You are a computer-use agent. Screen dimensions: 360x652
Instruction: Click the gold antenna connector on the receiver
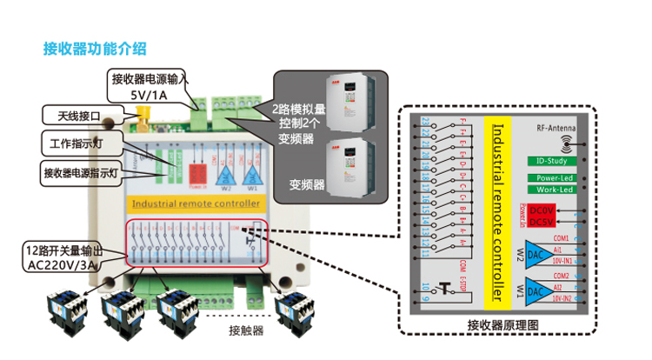click(x=141, y=113)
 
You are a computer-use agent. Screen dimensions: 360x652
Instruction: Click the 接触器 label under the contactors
click(x=246, y=330)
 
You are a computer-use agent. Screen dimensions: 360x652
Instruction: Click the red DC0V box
click(x=542, y=211)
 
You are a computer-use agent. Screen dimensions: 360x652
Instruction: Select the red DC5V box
click(x=542, y=223)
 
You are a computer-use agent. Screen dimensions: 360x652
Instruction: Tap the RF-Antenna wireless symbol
click(x=565, y=138)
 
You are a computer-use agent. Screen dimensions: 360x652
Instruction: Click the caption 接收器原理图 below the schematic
click(x=503, y=324)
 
